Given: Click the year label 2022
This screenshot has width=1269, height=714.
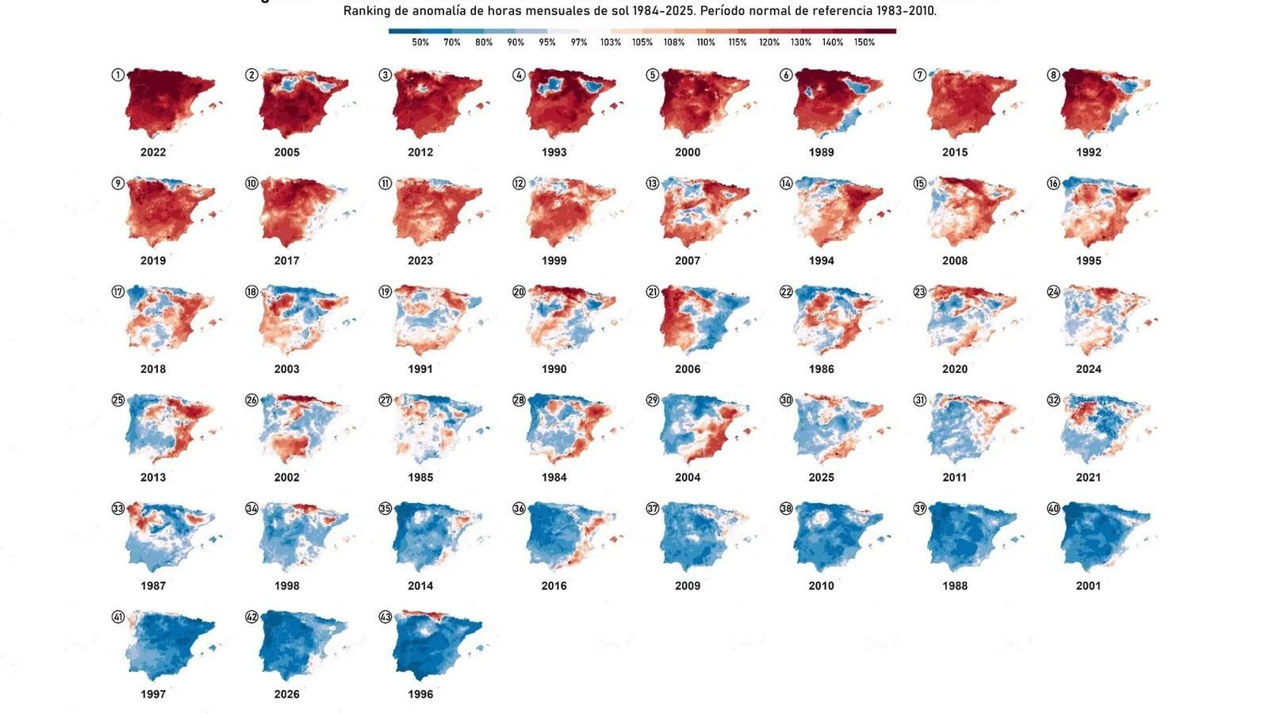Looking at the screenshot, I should pyautogui.click(x=153, y=152).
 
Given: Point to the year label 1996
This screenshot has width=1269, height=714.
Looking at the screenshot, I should pyautogui.click(x=420, y=694).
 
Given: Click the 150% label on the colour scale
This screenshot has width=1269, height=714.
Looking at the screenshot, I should pyautogui.click(x=865, y=43).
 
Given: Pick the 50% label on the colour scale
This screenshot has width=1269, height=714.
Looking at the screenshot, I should pyautogui.click(x=420, y=43).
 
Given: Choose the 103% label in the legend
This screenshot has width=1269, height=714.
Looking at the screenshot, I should pyautogui.click(x=611, y=43).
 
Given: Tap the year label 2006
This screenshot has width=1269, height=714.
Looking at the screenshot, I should pyautogui.click(x=688, y=369).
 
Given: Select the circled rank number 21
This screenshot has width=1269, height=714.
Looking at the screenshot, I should pyautogui.click(x=653, y=292).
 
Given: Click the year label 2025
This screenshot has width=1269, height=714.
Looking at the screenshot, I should pyautogui.click(x=822, y=478).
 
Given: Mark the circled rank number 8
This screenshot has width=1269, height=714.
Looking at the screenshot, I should pyautogui.click(x=1053, y=75).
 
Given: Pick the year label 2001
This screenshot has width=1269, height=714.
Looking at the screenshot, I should pyautogui.click(x=1089, y=586).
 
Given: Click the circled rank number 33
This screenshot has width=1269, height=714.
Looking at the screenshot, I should pyautogui.click(x=118, y=509).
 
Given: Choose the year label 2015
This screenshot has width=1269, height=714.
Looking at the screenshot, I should pyautogui.click(x=955, y=152).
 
